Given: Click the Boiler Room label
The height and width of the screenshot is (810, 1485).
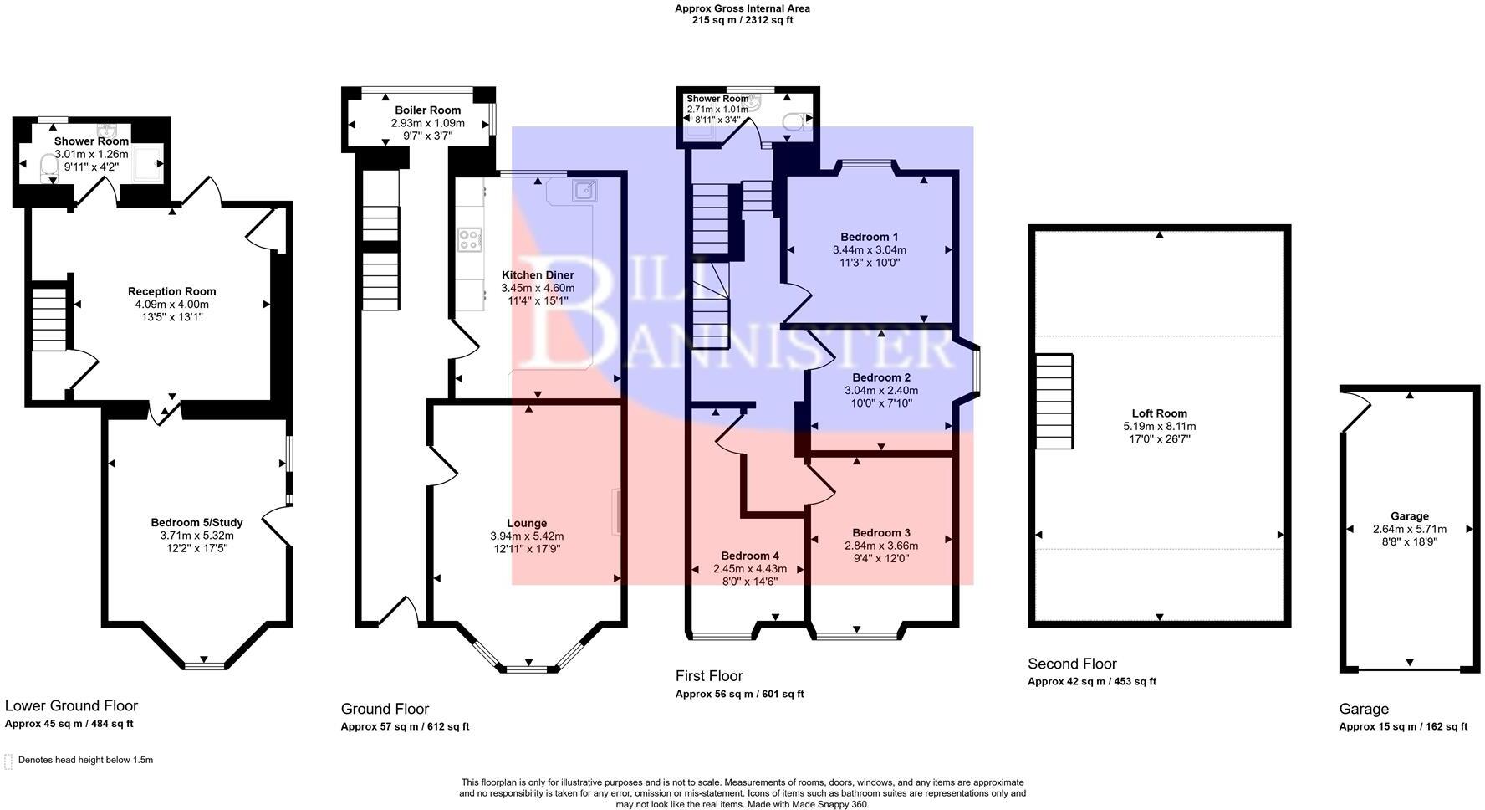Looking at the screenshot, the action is (427, 110).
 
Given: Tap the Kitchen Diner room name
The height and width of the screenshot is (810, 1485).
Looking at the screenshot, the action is (538, 275).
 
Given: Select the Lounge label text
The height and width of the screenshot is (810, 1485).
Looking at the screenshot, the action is (527, 523).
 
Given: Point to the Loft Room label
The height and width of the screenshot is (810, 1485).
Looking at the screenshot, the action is (1160, 413).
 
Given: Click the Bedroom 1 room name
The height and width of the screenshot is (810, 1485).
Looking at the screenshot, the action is (870, 237).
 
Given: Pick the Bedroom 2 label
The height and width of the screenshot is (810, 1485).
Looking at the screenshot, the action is (881, 377).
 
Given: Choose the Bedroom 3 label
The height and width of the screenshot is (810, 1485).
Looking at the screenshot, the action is (881, 533).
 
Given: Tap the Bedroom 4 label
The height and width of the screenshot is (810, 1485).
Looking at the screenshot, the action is (750, 556).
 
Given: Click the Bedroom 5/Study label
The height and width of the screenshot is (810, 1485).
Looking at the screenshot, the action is (196, 523).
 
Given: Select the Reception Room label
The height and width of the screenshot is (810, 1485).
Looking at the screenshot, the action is (171, 291).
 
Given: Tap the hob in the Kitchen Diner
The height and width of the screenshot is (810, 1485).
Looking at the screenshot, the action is (469, 240).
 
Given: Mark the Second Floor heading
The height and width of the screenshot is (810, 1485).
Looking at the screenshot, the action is (1072, 664).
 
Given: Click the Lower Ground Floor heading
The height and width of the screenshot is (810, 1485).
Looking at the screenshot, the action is (71, 705).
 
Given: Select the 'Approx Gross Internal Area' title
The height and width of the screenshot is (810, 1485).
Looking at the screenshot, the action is (742, 8).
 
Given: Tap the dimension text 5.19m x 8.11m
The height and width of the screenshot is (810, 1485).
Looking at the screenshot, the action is (1160, 426).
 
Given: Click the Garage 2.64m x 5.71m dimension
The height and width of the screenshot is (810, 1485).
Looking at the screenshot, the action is (1410, 529).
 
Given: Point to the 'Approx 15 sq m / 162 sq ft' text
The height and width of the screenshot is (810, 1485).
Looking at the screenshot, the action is (1403, 726).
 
